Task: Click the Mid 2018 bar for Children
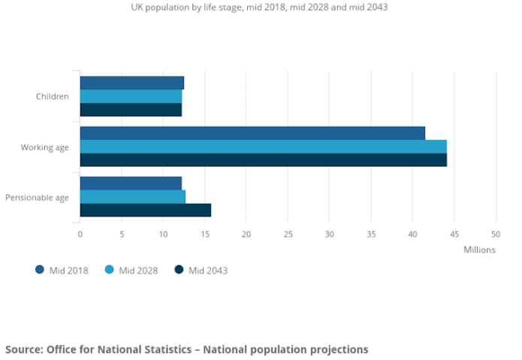point(131,83)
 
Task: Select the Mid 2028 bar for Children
point(131,96)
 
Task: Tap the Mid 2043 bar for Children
point(131,110)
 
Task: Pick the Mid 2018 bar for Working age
point(252,133)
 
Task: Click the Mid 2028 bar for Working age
point(263,146)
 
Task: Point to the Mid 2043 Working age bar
point(263,159)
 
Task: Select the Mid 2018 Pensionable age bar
point(131,183)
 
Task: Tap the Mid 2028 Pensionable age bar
point(132,196)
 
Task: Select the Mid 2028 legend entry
point(132,271)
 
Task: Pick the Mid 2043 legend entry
point(201,271)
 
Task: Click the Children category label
point(52,96)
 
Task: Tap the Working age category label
point(45,147)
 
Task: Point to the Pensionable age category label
point(37,197)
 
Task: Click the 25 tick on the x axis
point(288,234)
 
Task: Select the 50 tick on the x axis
point(495,234)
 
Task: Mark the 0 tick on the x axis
point(80,234)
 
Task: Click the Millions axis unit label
point(478,250)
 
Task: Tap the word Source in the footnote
point(23,349)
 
